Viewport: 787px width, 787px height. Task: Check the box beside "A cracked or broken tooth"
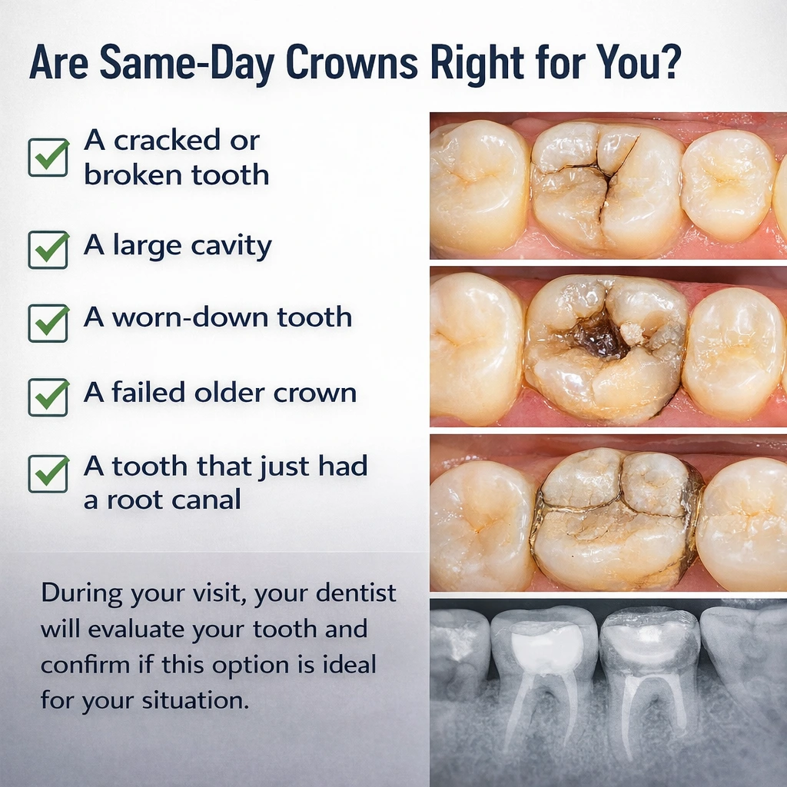(x=48, y=157)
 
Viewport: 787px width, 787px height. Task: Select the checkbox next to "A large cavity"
(x=48, y=248)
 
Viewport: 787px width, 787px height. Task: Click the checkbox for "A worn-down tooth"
(x=48, y=321)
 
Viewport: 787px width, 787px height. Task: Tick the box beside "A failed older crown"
(x=48, y=396)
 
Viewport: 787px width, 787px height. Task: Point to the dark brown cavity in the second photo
(x=599, y=338)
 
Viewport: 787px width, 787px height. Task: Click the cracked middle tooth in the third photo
(x=615, y=519)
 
